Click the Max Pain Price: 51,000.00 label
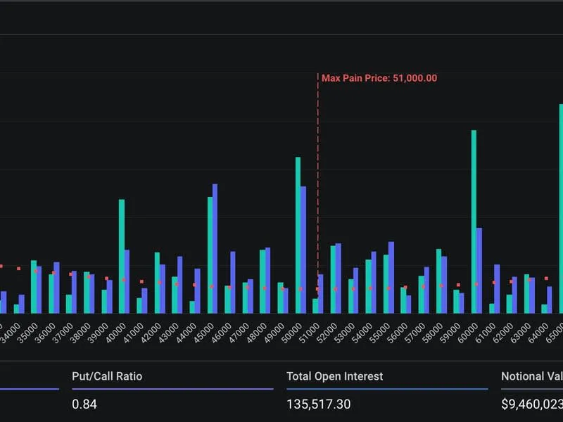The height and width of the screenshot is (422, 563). pos(379,78)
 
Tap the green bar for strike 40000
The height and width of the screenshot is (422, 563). pos(121,256)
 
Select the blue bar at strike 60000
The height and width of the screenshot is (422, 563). pos(479,270)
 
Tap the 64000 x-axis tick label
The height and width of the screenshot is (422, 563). pos(538,331)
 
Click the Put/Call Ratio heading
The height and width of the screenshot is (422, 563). pos(107,376)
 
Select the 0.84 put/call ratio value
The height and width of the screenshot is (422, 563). pos(84,404)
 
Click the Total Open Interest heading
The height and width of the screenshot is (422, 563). pos(335,376)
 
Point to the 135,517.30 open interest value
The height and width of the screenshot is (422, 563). pos(319,404)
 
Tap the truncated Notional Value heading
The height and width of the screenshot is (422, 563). pos(531,376)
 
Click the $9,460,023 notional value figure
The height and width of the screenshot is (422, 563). pos(531,404)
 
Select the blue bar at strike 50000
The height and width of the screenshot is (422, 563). pos(303,250)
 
